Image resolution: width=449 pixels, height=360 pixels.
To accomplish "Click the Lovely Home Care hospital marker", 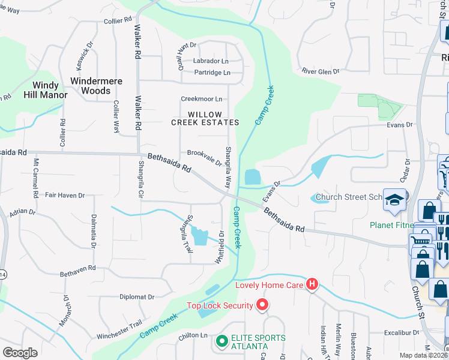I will [312, 285].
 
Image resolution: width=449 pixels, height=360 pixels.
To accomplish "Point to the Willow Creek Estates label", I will [205, 118].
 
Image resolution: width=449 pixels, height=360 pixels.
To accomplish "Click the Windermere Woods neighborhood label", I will [96, 86].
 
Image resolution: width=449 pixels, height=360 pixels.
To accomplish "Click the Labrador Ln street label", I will [211, 61].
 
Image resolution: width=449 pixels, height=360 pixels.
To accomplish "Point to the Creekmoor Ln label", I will [202, 99].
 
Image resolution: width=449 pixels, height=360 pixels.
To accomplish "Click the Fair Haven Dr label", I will [65, 196].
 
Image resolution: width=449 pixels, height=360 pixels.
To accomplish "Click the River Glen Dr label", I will [321, 71].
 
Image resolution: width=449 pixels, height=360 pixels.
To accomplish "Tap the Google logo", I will [20, 353].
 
